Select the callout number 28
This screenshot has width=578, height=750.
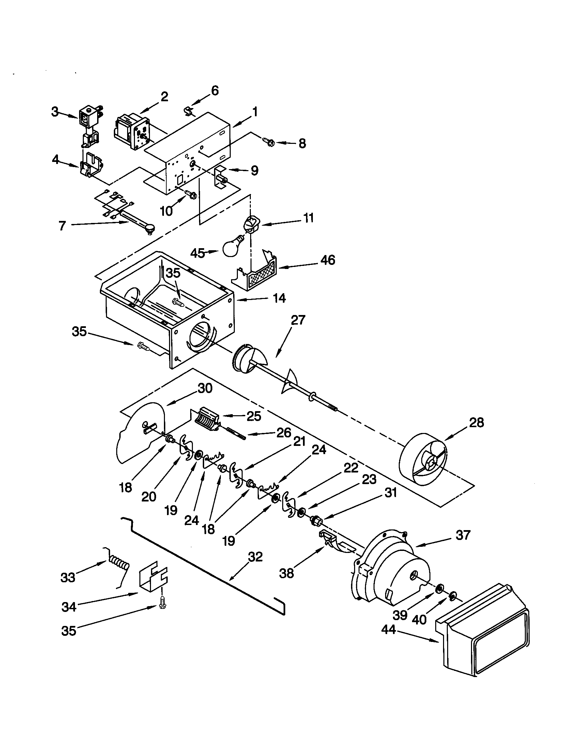[476, 422]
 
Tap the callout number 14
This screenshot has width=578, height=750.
[280, 298]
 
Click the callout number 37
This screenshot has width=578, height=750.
[463, 535]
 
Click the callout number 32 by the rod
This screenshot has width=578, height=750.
[255, 557]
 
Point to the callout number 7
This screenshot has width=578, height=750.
[62, 226]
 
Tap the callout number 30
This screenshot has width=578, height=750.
[205, 388]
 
